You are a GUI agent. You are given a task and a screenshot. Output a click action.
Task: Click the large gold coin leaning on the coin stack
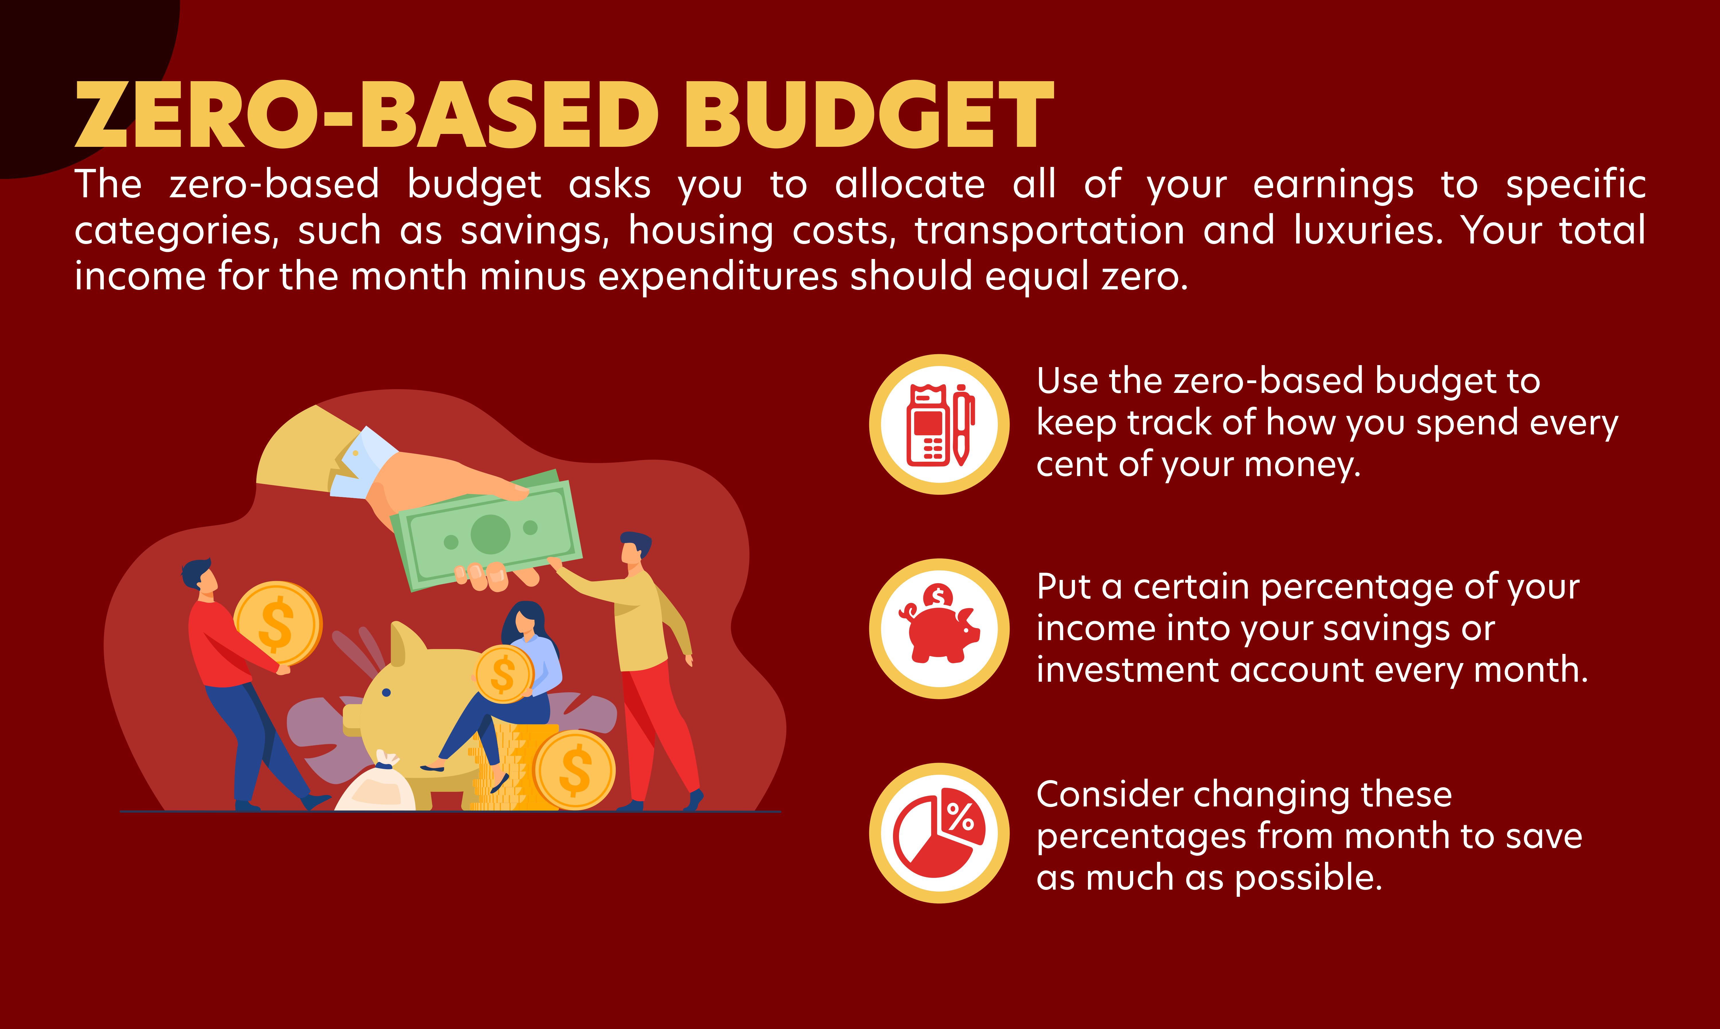[x=574, y=770]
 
